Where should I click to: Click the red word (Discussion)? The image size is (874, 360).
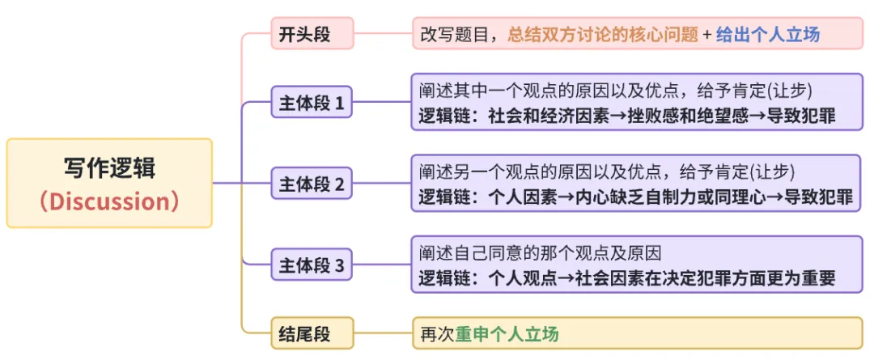pos(109,201)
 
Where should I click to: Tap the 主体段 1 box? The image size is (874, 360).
pos(312,104)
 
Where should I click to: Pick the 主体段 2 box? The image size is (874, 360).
pos(312,184)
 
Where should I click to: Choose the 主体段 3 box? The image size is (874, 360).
pos(312,265)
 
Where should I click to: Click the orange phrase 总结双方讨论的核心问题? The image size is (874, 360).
pos(603,35)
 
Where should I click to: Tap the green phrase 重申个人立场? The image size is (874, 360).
pos(507,333)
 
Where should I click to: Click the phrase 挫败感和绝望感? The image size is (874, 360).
pos(681,116)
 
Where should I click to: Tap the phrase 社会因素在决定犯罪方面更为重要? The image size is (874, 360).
pos(705,278)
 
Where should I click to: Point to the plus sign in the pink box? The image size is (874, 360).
pos(707,35)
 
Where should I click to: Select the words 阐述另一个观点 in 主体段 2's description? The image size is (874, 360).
pos(471,172)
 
